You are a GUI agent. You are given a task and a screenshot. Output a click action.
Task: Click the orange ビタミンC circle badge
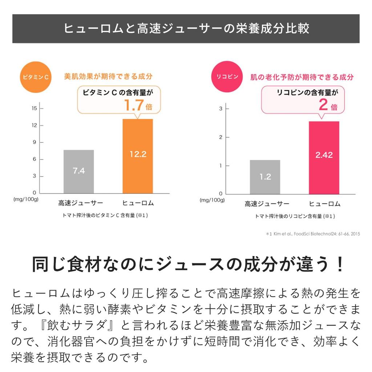[36, 77]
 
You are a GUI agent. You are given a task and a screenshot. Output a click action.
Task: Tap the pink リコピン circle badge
[227, 77]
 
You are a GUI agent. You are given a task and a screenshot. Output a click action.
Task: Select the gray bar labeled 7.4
[78, 171]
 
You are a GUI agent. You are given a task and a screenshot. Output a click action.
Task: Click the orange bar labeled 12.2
[138, 156]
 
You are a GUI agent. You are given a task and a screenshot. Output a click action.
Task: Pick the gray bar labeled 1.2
[265, 177]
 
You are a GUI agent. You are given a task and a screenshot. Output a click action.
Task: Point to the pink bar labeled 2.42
[324, 158]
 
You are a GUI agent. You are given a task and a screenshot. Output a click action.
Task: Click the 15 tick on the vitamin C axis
[35, 108]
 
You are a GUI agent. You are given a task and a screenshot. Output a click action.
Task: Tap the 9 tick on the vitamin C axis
[35, 142]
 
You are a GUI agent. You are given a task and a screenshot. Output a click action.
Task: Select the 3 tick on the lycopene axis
[221, 109]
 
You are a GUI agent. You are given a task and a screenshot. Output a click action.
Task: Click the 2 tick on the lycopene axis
[221, 137]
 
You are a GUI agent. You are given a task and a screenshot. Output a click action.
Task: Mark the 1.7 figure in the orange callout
[134, 106]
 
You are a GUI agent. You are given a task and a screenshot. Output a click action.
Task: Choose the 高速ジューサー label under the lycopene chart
[267, 204]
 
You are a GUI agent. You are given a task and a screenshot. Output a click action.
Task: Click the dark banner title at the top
[186, 29]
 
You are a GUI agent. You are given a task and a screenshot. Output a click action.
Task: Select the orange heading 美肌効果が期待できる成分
[108, 77]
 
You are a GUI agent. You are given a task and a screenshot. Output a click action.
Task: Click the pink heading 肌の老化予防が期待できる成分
[302, 77]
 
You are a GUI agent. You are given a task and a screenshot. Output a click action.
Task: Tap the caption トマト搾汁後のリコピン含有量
[294, 216]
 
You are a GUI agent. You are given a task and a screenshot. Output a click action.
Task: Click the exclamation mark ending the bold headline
[339, 264]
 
